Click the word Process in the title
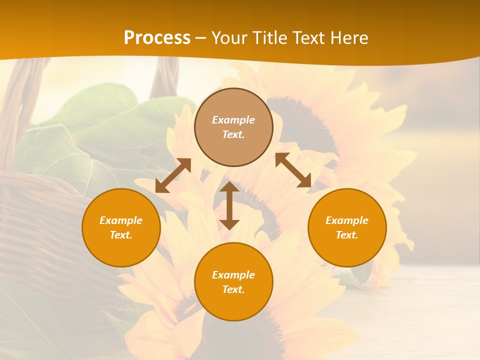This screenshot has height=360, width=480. pyautogui.click(x=157, y=38)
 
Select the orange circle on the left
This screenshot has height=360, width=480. pyautogui.click(x=121, y=250)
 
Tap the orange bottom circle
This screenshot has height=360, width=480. pyautogui.click(x=233, y=305)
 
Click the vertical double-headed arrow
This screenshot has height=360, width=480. pyautogui.click(x=229, y=205)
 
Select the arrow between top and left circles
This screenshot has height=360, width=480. pyautogui.click(x=173, y=175)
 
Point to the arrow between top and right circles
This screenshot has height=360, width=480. pyautogui.click(x=293, y=170)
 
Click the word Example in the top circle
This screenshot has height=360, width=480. pyautogui.click(x=233, y=120)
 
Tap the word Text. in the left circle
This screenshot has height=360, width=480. pyautogui.click(x=121, y=235)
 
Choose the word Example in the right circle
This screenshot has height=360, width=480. pyautogui.click(x=347, y=220)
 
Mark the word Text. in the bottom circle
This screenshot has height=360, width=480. pyautogui.click(x=233, y=289)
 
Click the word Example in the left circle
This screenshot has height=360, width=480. pyautogui.click(x=121, y=220)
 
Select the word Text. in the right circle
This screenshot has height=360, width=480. pyautogui.click(x=347, y=235)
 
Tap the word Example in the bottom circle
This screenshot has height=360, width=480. pyautogui.click(x=233, y=275)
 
